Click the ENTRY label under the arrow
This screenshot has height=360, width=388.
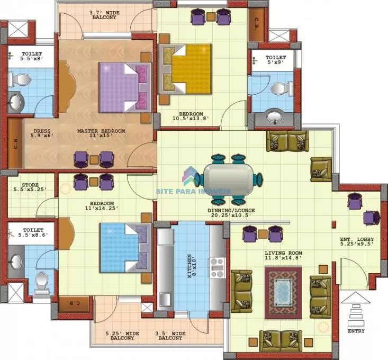356,331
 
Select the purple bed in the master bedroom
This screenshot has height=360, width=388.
125,87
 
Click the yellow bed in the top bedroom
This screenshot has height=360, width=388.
185,69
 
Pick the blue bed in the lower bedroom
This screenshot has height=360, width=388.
125,248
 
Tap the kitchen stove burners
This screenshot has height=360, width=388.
217,267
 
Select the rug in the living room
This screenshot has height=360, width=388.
283,293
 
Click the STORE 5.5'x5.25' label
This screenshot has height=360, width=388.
30,187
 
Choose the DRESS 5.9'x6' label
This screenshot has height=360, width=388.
42,133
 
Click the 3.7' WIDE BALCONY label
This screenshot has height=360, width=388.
104,15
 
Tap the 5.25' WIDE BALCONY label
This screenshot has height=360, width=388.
122,336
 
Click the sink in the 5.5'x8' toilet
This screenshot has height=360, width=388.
15,102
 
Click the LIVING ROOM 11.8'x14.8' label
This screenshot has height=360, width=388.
283,255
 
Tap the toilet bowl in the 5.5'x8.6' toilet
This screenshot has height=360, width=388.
42,282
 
